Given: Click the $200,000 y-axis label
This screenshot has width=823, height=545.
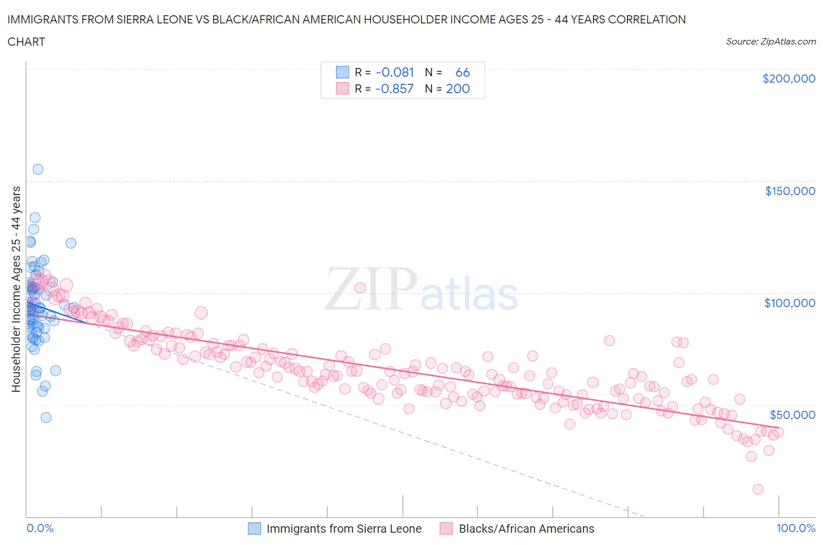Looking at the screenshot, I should click(788, 79).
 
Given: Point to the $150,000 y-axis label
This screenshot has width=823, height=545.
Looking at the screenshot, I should click(790, 191).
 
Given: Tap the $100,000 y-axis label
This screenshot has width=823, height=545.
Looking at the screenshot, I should click(790, 303).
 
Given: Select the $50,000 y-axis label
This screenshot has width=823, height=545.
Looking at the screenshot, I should click(792, 415).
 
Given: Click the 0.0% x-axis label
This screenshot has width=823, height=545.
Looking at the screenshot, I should click(40, 528).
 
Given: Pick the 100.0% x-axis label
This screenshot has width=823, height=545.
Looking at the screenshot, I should click(795, 528).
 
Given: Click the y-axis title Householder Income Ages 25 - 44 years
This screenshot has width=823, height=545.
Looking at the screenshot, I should click(16, 289).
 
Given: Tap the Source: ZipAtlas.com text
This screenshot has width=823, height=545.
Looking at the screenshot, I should click(770, 42).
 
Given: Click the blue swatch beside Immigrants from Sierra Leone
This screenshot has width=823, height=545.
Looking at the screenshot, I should click(255, 529).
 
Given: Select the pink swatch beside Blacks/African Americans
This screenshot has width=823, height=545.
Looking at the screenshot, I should click(447, 529).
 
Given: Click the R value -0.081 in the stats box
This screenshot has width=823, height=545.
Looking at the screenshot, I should click(395, 72).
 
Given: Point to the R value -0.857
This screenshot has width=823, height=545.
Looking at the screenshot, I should click(395, 88).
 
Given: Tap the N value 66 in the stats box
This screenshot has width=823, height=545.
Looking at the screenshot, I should click(462, 72).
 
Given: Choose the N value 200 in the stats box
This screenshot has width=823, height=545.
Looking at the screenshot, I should click(458, 88).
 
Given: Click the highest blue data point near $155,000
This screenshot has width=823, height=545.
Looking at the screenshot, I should click(38, 169).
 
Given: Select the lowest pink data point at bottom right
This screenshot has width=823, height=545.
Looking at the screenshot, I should click(758, 489).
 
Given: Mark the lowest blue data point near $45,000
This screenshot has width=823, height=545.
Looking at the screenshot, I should click(46, 417).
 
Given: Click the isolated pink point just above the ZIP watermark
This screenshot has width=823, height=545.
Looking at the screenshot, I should click(360, 288).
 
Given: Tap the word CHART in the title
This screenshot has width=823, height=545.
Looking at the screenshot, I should click(26, 42).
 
